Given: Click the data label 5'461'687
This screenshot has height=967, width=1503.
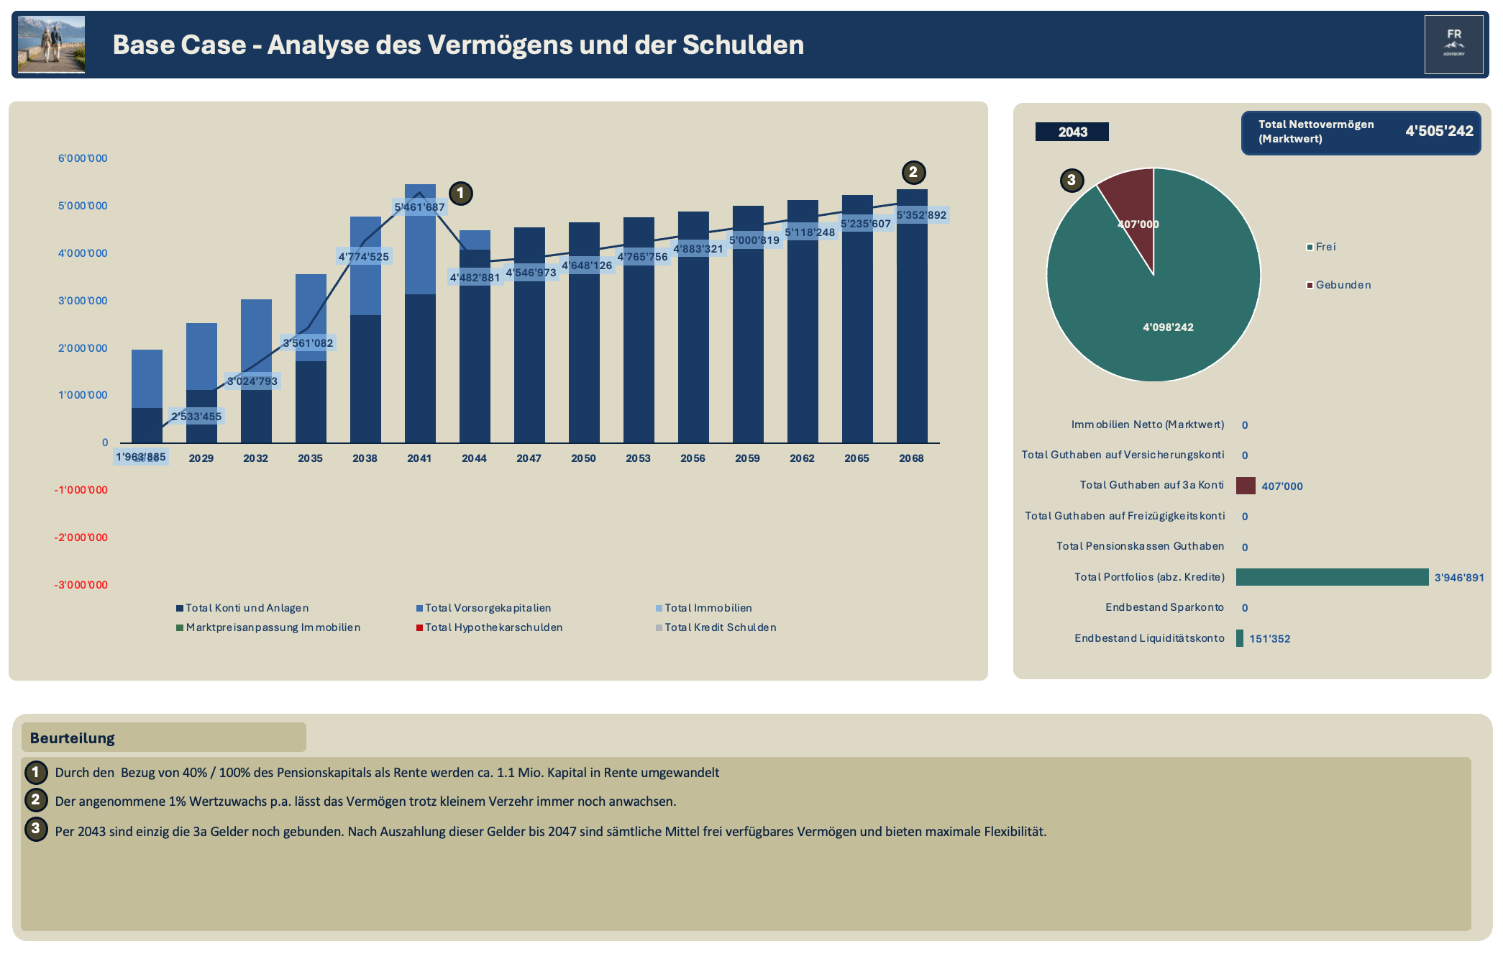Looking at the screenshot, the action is pyautogui.click(x=419, y=207).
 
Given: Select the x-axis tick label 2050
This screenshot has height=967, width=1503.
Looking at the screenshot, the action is pyautogui.click(x=583, y=458).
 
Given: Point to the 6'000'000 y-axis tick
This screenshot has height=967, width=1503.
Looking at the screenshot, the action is pyautogui.click(x=83, y=158).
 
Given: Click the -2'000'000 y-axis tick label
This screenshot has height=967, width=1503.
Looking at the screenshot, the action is pyautogui.click(x=81, y=537).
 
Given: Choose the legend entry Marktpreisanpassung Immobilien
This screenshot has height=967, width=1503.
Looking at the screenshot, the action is pyautogui.click(x=268, y=627).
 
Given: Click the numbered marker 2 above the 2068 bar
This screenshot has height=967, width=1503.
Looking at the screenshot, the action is pyautogui.click(x=913, y=172).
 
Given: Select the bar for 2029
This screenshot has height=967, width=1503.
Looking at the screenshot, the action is pyautogui.click(x=201, y=383).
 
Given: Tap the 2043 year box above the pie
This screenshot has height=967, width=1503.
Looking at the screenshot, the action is pyautogui.click(x=1072, y=132).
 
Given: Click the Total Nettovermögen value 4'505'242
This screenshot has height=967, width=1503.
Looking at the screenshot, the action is pyautogui.click(x=1439, y=131).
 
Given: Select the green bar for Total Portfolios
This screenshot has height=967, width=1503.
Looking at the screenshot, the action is pyautogui.click(x=1332, y=577).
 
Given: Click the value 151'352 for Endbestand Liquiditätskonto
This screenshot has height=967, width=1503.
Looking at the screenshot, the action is pyautogui.click(x=1269, y=639).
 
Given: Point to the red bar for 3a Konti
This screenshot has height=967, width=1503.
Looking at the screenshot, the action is pyautogui.click(x=1246, y=486).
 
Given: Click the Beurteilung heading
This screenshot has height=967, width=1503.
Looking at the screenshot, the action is pyautogui.click(x=73, y=738).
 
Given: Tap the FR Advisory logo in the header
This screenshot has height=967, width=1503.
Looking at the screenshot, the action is pyautogui.click(x=1453, y=45).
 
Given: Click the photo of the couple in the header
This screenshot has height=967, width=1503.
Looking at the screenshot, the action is pyautogui.click(x=51, y=45).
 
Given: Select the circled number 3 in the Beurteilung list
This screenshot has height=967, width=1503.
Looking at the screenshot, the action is pyautogui.click(x=36, y=829).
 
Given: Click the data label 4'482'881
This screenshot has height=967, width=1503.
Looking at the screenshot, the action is pyautogui.click(x=475, y=278).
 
